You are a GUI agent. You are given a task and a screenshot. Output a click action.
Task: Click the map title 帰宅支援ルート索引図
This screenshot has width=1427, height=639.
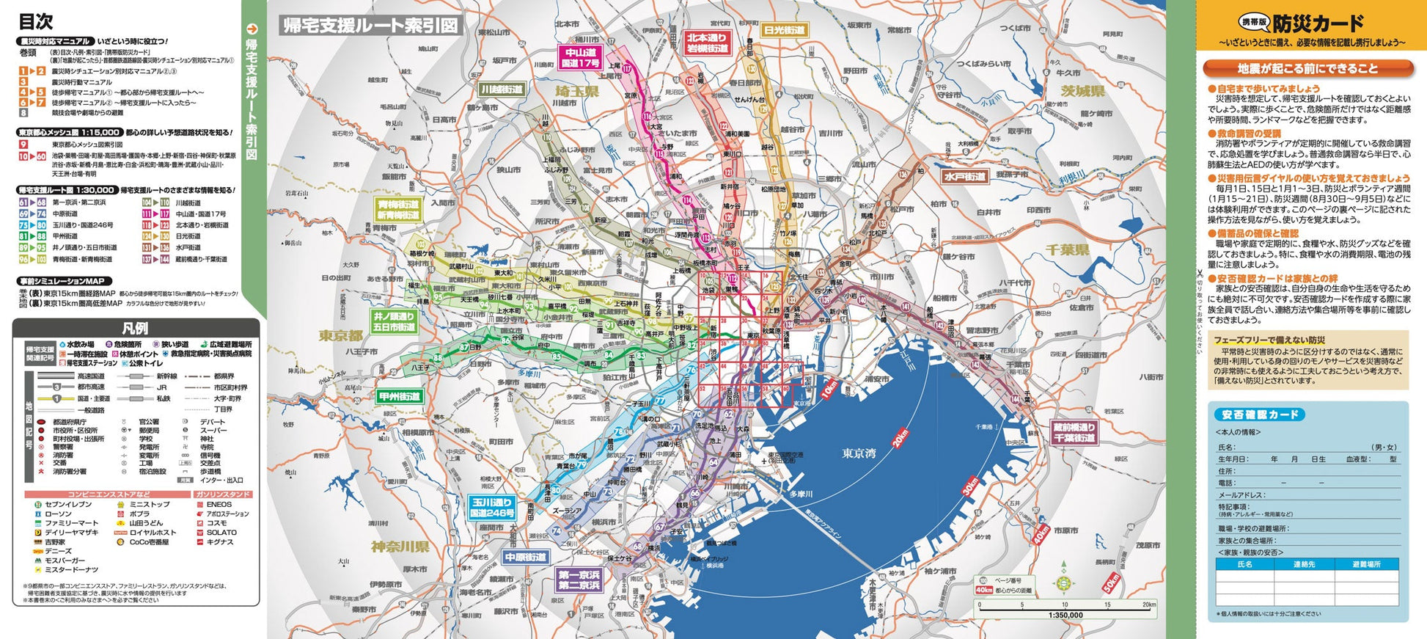tap(370, 26)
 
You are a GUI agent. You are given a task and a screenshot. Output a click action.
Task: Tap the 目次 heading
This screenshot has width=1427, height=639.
tap(35, 21)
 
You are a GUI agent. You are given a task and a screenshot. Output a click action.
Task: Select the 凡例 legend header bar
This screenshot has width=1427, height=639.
tap(136, 328)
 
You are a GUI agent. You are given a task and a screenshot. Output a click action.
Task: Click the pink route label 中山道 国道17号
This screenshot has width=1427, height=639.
tap(581, 58)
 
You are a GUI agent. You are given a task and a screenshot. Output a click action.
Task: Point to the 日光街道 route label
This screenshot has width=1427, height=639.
tap(785, 31)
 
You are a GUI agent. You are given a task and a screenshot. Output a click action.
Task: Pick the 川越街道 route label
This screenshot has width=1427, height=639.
tap(502, 90)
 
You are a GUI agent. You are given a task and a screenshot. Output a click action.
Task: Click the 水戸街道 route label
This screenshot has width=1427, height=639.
tap(964, 177)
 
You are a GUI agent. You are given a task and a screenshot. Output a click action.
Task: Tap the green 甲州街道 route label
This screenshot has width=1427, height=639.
tap(400, 396)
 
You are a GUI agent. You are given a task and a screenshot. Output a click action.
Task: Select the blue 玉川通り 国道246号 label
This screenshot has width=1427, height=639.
tap(491, 508)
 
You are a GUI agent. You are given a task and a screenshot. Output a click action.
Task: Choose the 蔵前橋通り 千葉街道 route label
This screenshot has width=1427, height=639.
tap(1074, 433)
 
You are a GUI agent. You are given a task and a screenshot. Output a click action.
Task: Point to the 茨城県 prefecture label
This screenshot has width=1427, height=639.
tap(1082, 91)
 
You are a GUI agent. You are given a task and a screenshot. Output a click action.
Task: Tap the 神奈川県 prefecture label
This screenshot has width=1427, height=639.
tap(400, 547)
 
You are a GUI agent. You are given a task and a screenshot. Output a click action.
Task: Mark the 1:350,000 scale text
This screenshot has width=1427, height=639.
tap(1065, 615)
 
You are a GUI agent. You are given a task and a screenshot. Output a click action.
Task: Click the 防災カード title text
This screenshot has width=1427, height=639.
tap(1318, 23)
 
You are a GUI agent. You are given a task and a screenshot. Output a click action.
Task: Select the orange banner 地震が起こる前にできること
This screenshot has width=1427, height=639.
tap(1307, 68)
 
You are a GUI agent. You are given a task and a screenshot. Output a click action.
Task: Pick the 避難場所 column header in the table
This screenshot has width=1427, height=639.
tap(1367, 564)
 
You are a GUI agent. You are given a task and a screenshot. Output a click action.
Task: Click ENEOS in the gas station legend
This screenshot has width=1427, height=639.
tap(219, 505)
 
